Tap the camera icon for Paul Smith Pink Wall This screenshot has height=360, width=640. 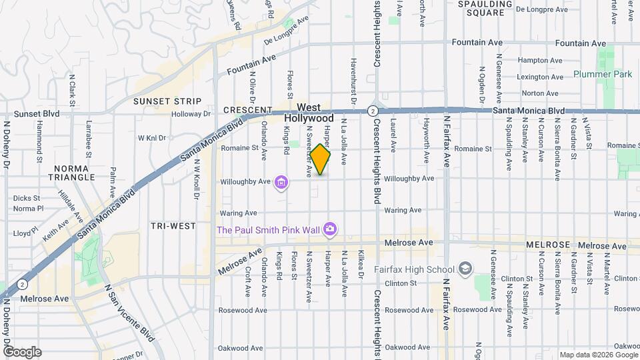[330, 230]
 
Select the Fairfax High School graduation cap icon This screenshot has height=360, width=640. [465, 269]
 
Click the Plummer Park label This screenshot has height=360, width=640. [603, 74]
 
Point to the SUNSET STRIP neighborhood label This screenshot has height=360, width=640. [167, 101]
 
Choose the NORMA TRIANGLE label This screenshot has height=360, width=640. [75, 173]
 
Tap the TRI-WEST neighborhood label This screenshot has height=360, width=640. [173, 226]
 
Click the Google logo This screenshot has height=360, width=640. [21, 351]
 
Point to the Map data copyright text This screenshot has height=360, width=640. [599, 355]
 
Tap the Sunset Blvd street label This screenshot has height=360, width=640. [28, 114]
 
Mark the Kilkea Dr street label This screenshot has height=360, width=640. [361, 265]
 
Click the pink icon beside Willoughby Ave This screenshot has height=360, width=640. [281, 182]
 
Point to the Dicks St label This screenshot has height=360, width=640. [27, 198]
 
